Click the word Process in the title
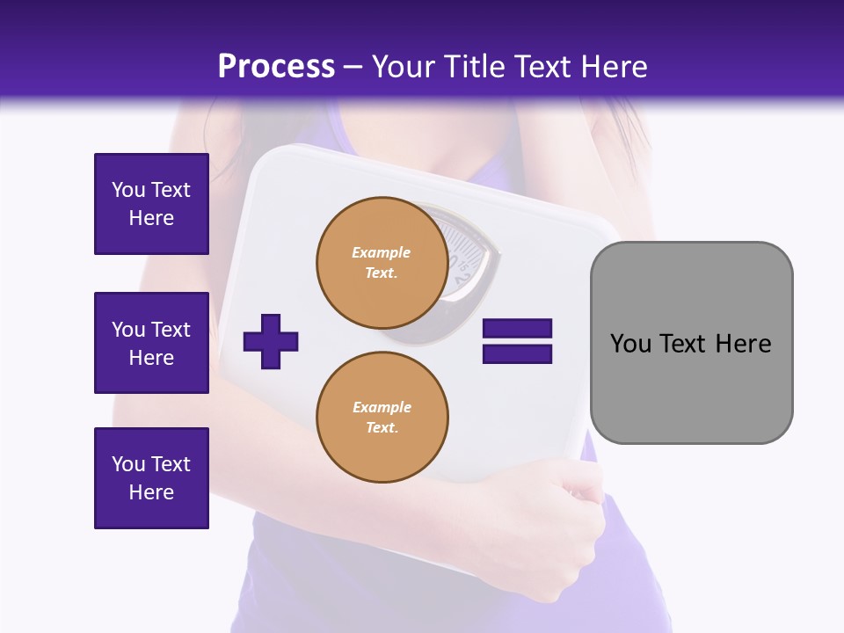(276, 67)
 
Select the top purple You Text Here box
(151, 204)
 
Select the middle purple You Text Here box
(151, 343)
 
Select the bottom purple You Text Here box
(151, 478)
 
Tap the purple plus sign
(271, 340)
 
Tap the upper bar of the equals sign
(517, 329)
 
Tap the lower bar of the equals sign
(517, 353)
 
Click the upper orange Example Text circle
(382, 262)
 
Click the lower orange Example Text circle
(382, 417)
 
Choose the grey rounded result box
(691, 343)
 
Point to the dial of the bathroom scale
(466, 255)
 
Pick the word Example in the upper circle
(382, 252)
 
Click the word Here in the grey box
(743, 344)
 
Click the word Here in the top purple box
(151, 218)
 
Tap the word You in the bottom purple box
(128, 464)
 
